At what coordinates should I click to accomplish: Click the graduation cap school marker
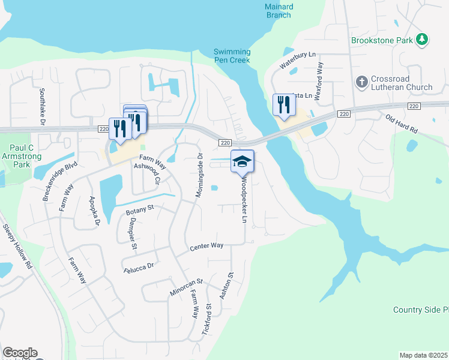point(243,161)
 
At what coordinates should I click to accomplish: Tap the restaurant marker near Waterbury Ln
point(283,104)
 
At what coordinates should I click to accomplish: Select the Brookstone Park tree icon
point(424,40)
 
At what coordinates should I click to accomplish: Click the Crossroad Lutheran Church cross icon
point(362,81)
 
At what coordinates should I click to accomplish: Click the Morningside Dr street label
point(200,175)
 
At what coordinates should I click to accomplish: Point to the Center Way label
point(206,246)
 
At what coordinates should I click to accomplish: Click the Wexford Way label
point(321,77)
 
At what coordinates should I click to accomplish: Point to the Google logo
point(20,353)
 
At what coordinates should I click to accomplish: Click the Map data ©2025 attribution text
point(424,355)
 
